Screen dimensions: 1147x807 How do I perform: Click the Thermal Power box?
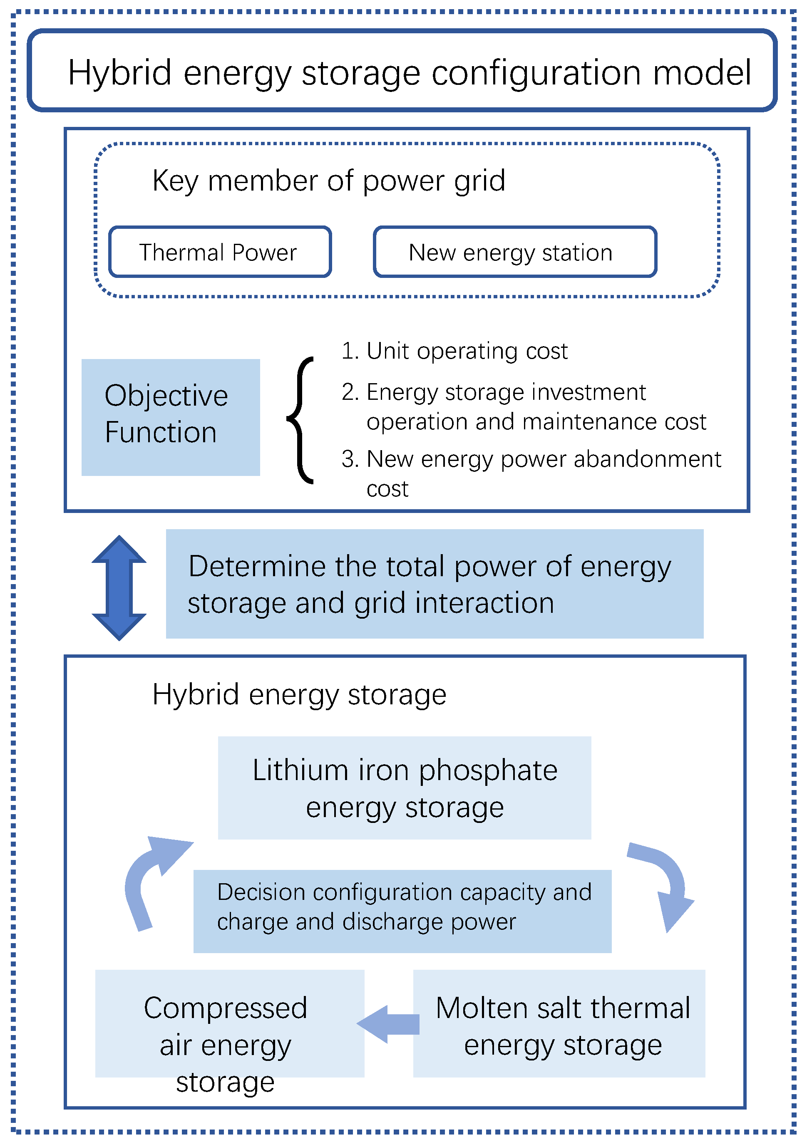click(220, 252)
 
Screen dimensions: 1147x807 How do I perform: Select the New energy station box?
click(515, 252)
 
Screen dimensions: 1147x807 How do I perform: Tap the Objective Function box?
click(170, 417)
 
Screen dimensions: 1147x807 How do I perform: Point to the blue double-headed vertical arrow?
click(119, 587)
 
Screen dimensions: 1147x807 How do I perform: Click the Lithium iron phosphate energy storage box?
click(404, 788)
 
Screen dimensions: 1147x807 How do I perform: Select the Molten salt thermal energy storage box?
click(559, 1023)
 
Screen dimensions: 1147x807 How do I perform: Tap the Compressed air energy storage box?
click(229, 1023)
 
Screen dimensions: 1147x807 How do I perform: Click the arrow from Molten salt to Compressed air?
click(389, 1024)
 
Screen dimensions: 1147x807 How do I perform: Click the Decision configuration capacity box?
click(402, 911)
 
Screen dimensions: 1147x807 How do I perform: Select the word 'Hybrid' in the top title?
click(120, 73)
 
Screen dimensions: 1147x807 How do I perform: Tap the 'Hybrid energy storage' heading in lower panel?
click(299, 695)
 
